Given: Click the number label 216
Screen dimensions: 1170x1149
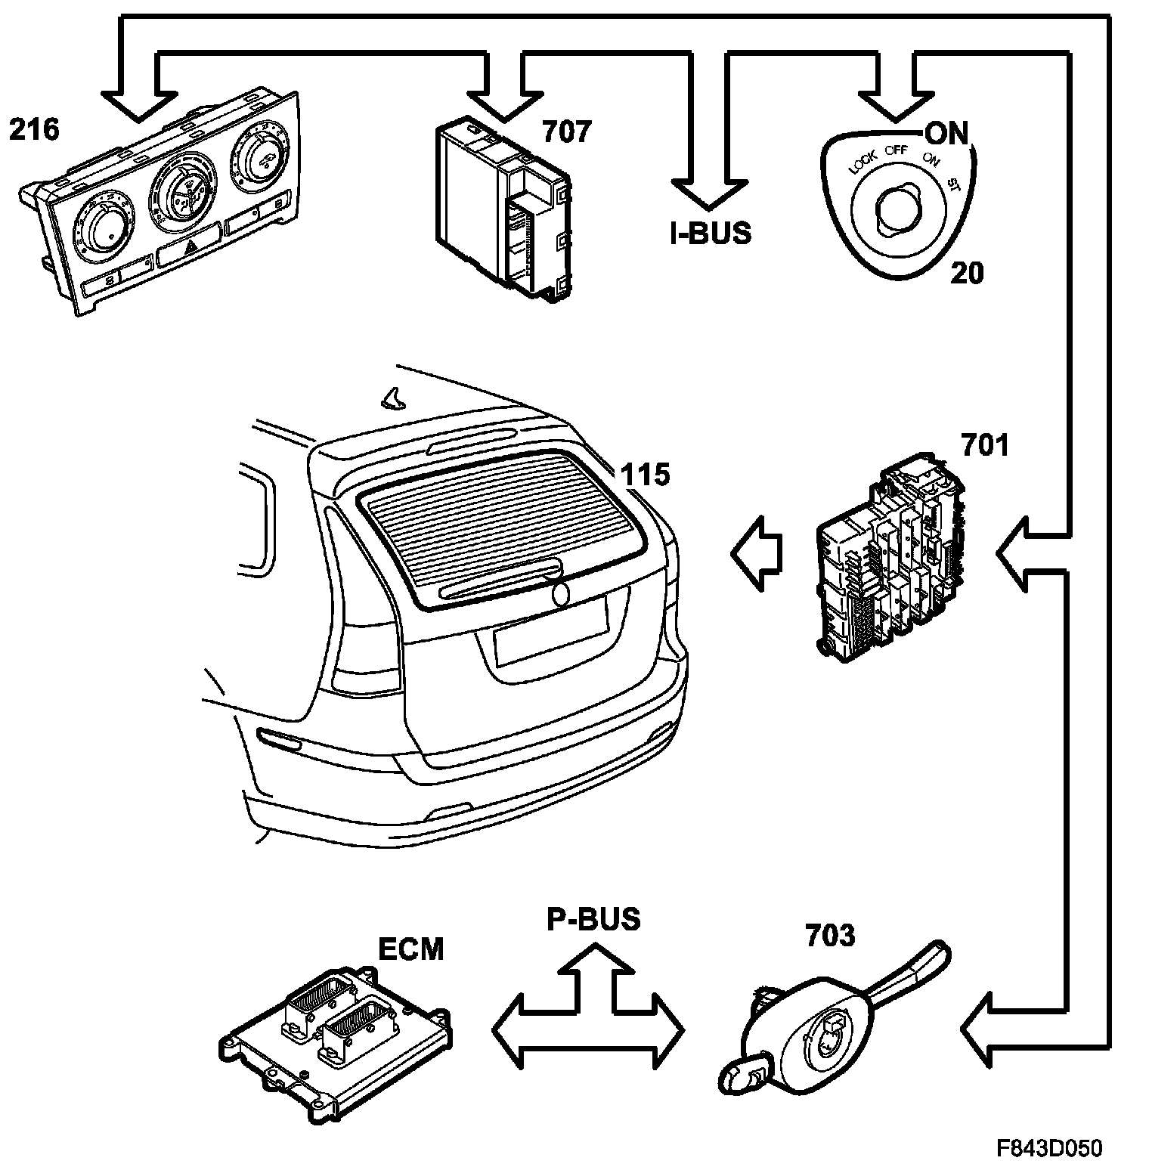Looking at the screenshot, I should (x=34, y=129).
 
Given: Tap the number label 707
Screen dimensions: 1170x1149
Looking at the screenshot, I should (x=566, y=132).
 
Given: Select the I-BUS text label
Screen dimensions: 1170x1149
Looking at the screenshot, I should (x=711, y=233).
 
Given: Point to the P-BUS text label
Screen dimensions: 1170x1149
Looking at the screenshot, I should (x=594, y=919).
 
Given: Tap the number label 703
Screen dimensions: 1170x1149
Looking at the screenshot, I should (x=830, y=936).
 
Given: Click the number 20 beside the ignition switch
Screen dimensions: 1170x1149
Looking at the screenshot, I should (x=967, y=273).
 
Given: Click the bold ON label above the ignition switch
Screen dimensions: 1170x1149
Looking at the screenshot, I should (x=946, y=134).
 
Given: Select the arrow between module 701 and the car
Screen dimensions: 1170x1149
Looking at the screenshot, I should (x=756, y=553).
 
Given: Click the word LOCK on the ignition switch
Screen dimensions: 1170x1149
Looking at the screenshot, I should (x=863, y=162).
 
